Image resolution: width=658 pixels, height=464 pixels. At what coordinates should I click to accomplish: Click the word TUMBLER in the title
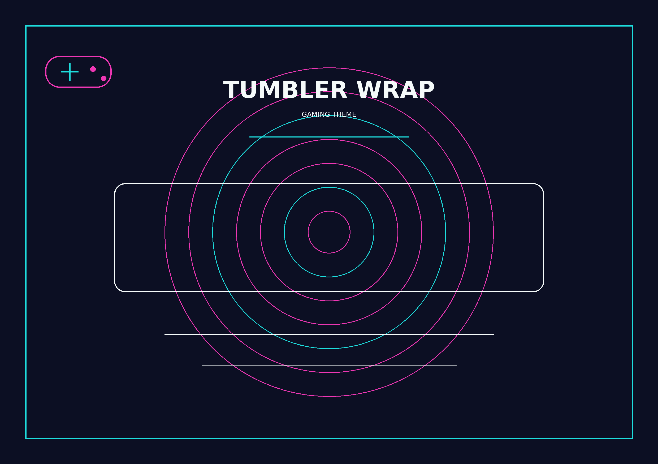pyautogui.click(x=285, y=90)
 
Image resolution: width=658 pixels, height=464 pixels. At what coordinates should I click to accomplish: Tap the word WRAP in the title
pyautogui.click(x=396, y=90)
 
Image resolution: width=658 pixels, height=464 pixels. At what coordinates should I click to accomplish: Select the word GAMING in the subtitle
pyautogui.click(x=316, y=114)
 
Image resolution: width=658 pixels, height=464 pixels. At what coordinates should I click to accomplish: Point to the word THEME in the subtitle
pyautogui.click(x=344, y=114)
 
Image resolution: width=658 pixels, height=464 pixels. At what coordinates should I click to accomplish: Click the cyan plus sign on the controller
pyautogui.click(x=70, y=72)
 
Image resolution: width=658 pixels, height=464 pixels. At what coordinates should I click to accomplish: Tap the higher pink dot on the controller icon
pyautogui.click(x=93, y=69)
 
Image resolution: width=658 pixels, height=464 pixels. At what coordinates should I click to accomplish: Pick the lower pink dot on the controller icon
pyautogui.click(x=103, y=78)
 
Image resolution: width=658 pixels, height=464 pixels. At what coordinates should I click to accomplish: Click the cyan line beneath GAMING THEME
pyautogui.click(x=329, y=137)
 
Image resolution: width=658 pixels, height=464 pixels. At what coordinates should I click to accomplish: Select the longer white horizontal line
pyautogui.click(x=329, y=334)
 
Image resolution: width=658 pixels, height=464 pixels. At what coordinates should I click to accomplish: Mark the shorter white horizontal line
pyautogui.click(x=329, y=365)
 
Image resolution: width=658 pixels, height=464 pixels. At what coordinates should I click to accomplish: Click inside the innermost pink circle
pyautogui.click(x=329, y=232)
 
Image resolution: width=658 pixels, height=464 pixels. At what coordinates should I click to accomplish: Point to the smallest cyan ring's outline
pyautogui.click(x=329, y=187)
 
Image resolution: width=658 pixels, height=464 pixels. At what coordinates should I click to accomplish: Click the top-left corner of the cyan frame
pyautogui.click(x=26, y=26)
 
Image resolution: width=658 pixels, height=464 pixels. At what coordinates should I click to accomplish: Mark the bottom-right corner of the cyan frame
pyautogui.click(x=633, y=438)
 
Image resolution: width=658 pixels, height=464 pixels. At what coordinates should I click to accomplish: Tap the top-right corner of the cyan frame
pyautogui.click(x=633, y=26)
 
